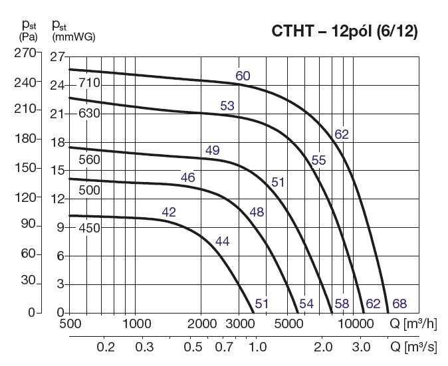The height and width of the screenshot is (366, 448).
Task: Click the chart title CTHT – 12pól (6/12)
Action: [344, 32]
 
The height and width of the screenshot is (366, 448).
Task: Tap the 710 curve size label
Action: [89, 84]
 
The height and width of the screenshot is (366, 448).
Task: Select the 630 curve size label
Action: [89, 113]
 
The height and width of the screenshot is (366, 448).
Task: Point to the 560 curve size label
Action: [89, 159]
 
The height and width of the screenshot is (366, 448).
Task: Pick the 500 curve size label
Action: [89, 191]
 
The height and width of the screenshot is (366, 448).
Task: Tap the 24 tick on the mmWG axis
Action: [57, 85]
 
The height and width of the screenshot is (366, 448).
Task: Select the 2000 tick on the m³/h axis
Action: [203, 324]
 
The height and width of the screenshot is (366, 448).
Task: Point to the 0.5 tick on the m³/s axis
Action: [193, 347]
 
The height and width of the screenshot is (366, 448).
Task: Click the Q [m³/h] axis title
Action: [413, 324]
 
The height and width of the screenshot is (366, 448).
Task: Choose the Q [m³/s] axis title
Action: [413, 347]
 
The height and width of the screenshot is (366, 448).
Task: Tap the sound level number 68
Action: [399, 304]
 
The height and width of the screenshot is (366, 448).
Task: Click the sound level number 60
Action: [243, 76]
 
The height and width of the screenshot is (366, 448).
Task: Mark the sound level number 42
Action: [169, 213]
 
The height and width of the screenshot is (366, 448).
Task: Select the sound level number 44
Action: [222, 241]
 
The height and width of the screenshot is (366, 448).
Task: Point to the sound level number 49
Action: [212, 150]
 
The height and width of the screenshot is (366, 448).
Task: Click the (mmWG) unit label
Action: [73, 37]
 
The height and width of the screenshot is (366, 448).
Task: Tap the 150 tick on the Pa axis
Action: [25, 167]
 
